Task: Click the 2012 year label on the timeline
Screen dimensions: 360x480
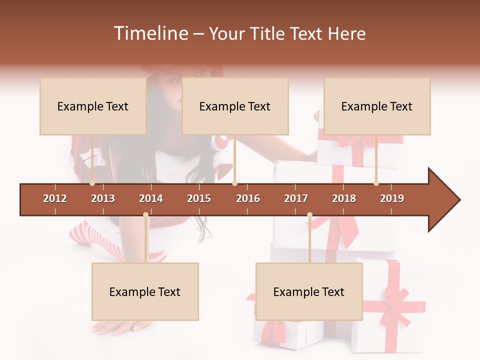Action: (55, 198)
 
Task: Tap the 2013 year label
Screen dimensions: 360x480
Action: (103, 198)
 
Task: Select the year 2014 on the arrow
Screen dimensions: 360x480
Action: (151, 198)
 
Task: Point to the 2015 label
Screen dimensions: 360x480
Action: (199, 198)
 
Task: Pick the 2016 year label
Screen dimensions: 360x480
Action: (248, 198)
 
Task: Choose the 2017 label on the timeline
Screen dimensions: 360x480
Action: (296, 198)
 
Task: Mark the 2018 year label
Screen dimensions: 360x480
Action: (344, 198)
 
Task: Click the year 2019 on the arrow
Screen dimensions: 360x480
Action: (392, 198)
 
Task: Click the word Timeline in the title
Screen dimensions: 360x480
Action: (150, 33)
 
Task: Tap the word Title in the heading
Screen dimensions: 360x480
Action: (268, 33)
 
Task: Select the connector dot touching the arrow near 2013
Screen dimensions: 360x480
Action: (92, 183)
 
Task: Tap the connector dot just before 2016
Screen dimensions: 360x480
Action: (235, 183)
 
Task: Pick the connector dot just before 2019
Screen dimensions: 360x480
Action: (376, 183)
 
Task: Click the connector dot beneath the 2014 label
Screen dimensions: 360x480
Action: (145, 215)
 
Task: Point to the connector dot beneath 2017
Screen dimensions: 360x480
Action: (309, 215)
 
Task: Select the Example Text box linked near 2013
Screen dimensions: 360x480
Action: (93, 106)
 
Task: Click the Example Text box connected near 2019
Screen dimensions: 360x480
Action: (377, 106)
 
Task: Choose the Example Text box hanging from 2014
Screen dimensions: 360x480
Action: (145, 291)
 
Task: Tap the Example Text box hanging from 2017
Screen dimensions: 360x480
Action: (309, 291)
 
